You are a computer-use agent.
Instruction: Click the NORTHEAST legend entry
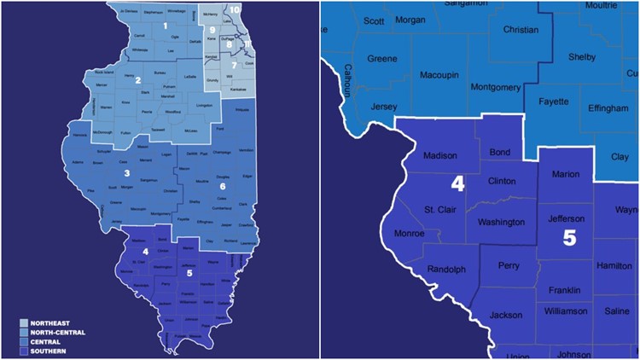click(49, 324)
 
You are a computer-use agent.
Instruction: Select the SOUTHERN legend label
click(48, 351)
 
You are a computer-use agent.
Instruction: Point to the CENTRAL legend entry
click(45, 342)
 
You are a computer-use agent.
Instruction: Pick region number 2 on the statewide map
click(137, 80)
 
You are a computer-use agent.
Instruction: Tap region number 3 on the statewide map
click(126, 174)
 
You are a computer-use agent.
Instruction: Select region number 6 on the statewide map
click(223, 186)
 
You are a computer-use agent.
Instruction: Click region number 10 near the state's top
click(235, 9)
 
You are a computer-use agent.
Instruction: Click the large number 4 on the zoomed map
click(457, 183)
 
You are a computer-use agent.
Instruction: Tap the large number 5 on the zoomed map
click(569, 237)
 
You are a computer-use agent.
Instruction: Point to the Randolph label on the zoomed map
click(445, 270)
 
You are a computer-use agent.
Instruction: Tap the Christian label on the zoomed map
click(521, 29)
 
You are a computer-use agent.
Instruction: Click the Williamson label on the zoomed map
click(565, 311)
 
